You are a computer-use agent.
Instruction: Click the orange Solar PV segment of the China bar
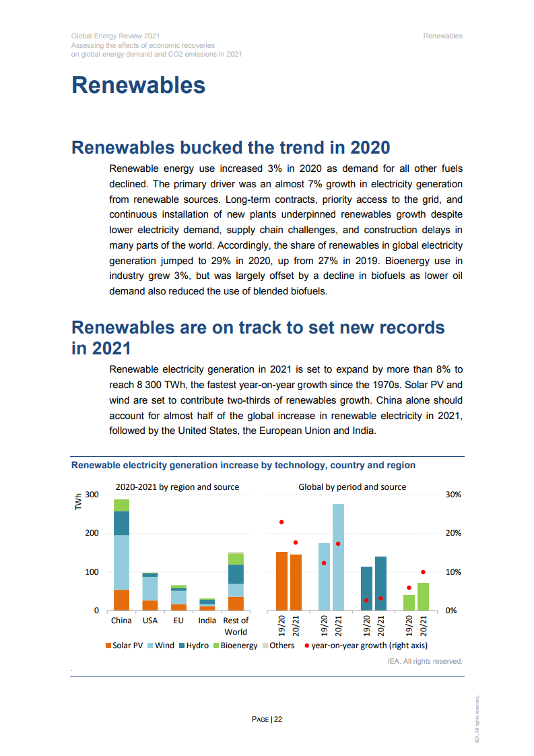(x=121, y=600)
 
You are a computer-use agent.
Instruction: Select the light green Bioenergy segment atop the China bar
(x=121, y=505)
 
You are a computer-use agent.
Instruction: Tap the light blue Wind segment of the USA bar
(x=149, y=588)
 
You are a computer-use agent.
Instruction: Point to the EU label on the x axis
(x=178, y=621)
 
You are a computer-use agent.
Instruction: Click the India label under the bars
(x=207, y=621)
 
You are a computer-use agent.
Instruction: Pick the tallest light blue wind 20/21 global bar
(x=338, y=557)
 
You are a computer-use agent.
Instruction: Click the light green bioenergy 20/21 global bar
(x=423, y=596)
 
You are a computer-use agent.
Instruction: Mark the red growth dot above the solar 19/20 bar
(x=281, y=522)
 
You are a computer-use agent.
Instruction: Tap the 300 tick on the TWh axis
(x=92, y=495)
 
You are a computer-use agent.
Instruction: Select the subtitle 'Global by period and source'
(x=352, y=486)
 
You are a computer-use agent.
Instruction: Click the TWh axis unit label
(x=78, y=501)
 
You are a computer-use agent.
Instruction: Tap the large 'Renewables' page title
(x=139, y=86)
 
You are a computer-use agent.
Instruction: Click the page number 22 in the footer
(x=278, y=719)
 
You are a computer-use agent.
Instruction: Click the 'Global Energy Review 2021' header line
(x=115, y=36)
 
